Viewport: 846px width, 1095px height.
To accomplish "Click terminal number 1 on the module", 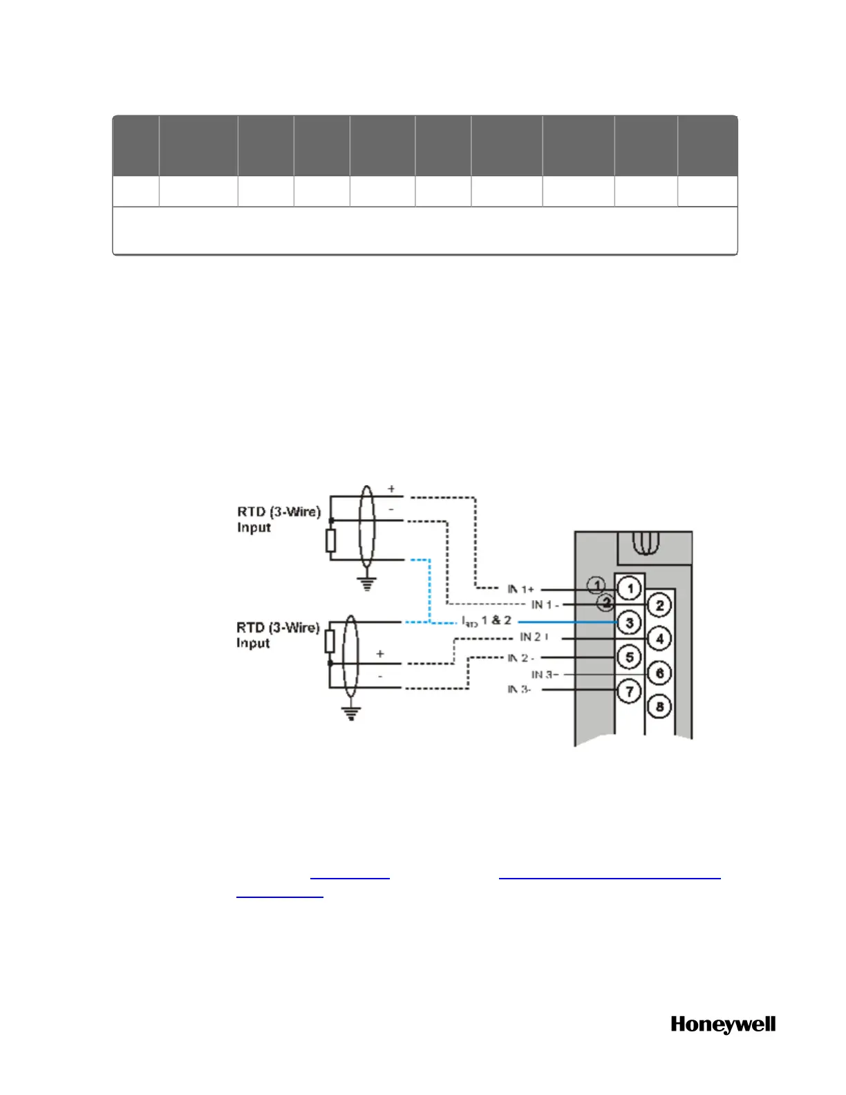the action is click(629, 589).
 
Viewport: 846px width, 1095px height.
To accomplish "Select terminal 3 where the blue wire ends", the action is click(629, 622).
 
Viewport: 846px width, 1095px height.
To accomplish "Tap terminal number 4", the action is click(659, 638).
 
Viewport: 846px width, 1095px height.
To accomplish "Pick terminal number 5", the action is click(629, 656).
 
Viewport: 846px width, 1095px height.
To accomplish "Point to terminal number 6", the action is click(659, 673).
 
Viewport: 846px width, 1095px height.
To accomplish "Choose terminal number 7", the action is click(629, 691).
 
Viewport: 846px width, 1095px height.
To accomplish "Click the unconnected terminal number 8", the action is click(659, 706).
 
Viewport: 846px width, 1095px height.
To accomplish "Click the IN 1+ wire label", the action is click(520, 589).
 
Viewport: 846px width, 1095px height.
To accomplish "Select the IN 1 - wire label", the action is click(545, 605).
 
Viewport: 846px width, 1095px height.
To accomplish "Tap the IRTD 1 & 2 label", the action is click(487, 621).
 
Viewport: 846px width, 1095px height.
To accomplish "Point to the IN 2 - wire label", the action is click(520, 657).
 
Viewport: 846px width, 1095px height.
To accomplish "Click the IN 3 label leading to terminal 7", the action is click(519, 689).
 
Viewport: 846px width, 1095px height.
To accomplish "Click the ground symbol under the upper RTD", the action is click(367, 584).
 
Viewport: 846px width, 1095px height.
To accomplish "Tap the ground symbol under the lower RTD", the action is click(352, 713).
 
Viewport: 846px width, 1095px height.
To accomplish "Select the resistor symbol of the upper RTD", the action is click(330, 541).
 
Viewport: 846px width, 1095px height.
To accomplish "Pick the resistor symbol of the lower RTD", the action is click(330, 642).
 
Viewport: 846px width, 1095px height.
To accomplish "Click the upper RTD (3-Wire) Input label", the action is click(279, 519).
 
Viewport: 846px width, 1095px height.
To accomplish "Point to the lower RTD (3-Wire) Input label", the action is click(278, 635).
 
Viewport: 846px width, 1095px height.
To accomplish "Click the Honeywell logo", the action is click(723, 1024).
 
